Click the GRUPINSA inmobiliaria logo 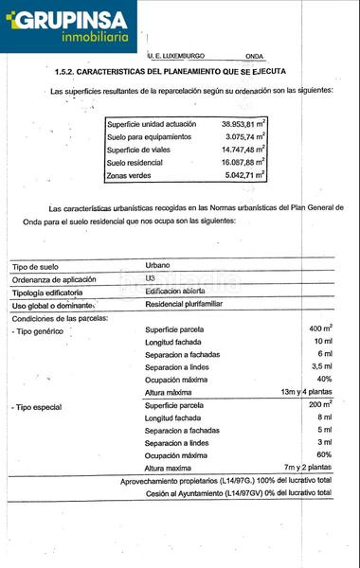click(68, 26)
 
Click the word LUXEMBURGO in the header click(183, 57)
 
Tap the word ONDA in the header click(254, 57)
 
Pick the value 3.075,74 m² click(243, 136)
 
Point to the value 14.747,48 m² click(243, 149)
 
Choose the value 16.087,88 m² click(243, 162)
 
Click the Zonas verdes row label click(129, 175)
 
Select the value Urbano click(158, 265)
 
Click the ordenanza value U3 click(151, 278)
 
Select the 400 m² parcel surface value click(319, 328)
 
